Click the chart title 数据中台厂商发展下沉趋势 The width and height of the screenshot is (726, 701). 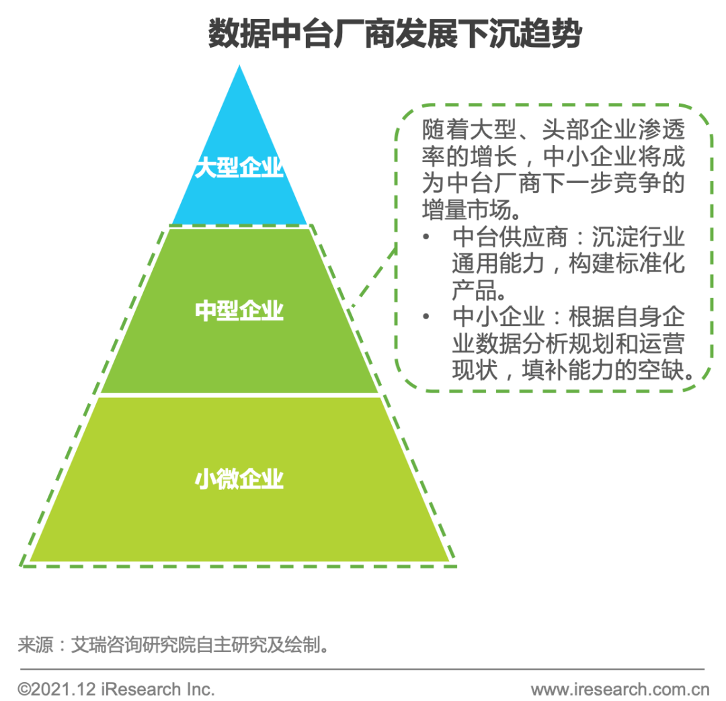tap(394, 34)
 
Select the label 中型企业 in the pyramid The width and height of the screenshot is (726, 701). tap(239, 311)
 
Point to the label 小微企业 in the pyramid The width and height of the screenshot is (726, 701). tap(239, 480)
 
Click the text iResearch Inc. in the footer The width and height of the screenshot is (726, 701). tap(159, 689)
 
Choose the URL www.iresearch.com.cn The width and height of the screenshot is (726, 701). tap(620, 689)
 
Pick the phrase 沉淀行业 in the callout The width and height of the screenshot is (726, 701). tap(639, 239)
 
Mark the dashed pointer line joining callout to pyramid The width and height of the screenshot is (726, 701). tap(372, 276)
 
